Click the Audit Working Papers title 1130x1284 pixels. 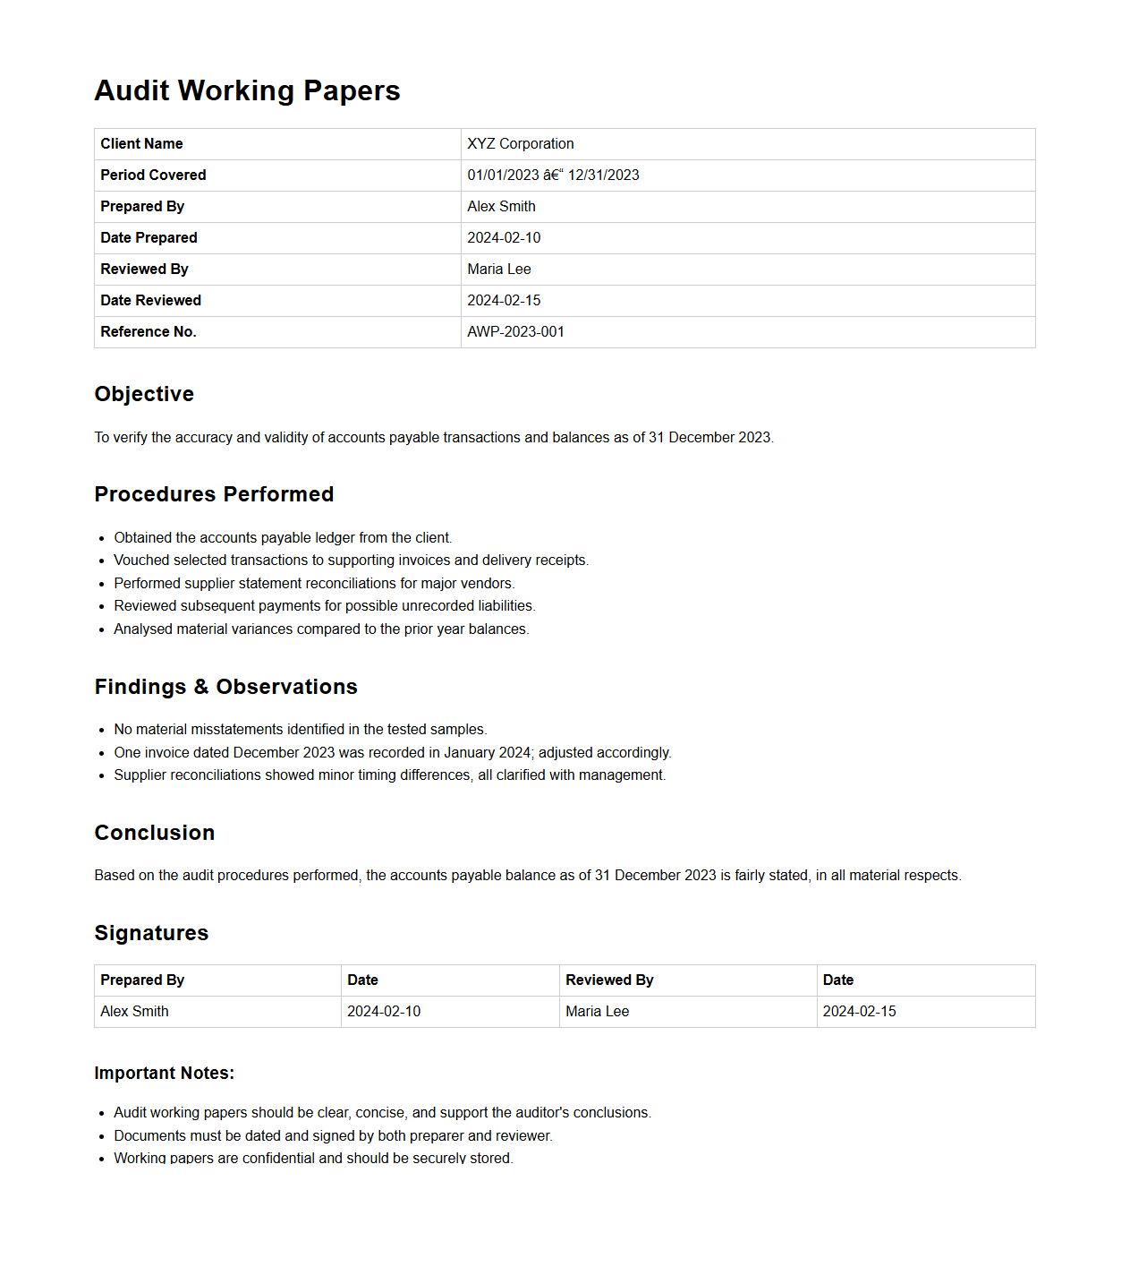[247, 90]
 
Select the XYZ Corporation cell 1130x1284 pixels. [520, 144]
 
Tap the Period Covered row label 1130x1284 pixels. [153, 175]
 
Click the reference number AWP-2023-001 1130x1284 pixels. [515, 332]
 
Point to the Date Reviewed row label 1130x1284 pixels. [150, 301]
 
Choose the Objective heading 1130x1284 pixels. [144, 394]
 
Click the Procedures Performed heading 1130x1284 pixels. [214, 494]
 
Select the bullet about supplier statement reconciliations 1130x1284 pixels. [314, 584]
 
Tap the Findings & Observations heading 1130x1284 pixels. [225, 687]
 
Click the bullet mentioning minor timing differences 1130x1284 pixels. [389, 775]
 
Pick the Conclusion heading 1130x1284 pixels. [154, 833]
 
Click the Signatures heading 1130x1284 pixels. [151, 933]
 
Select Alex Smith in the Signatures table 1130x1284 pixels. [134, 1012]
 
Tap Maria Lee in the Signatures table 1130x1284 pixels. [597, 1012]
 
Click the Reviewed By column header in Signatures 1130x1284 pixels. [609, 980]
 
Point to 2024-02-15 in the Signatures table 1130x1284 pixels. [859, 1012]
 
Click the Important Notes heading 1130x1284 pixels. [164, 1073]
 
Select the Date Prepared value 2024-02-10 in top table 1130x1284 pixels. [504, 238]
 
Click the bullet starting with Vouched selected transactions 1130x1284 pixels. [351, 561]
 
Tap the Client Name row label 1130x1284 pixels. [141, 144]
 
